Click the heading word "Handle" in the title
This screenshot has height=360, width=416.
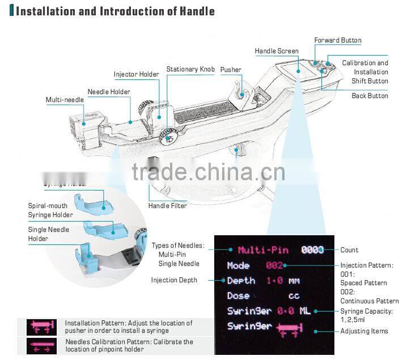click(195, 11)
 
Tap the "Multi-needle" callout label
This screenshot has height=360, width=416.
click(65, 100)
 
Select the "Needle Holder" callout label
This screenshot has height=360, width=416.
click(109, 92)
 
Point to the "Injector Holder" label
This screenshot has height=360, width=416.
click(136, 75)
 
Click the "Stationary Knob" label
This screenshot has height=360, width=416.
click(190, 70)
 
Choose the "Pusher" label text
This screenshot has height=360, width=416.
click(231, 70)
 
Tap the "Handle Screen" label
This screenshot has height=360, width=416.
click(277, 52)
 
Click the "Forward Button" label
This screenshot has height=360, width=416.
click(338, 41)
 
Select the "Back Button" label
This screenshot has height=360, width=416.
click(370, 96)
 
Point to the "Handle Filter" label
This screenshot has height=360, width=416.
click(167, 206)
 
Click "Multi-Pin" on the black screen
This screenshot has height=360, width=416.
click(263, 250)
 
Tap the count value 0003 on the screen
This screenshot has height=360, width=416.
click(313, 250)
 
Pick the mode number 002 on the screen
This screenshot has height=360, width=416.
click(274, 265)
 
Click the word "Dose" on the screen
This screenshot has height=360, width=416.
click(238, 296)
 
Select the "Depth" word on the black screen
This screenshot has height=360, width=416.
click(241, 281)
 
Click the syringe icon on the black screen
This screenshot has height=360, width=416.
click(289, 327)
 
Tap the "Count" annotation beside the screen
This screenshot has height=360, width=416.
click(349, 250)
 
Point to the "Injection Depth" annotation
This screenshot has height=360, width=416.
click(174, 280)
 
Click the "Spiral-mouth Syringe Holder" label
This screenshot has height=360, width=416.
click(50, 210)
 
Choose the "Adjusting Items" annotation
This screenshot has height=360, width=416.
click(364, 331)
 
